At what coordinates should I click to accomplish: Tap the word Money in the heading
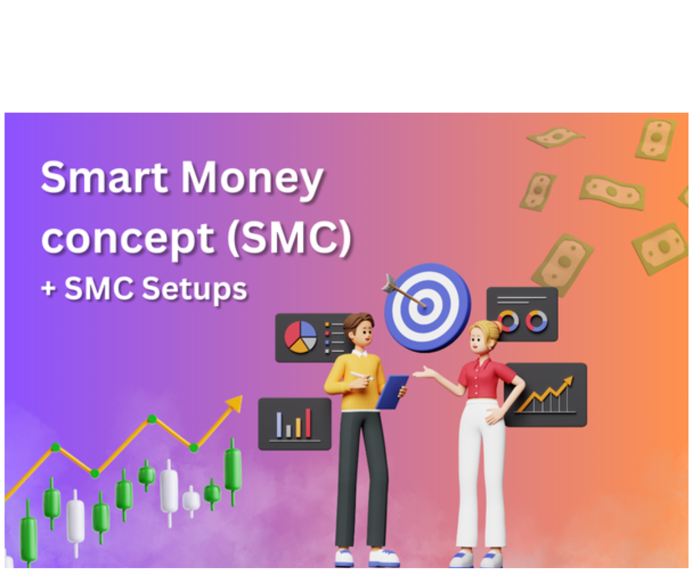(252, 179)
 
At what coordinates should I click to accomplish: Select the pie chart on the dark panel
(300, 337)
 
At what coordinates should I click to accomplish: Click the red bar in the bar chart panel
(308, 423)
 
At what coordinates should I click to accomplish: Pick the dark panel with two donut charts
(522, 314)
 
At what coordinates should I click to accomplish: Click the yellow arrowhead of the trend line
(235, 404)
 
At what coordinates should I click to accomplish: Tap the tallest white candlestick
(169, 490)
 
